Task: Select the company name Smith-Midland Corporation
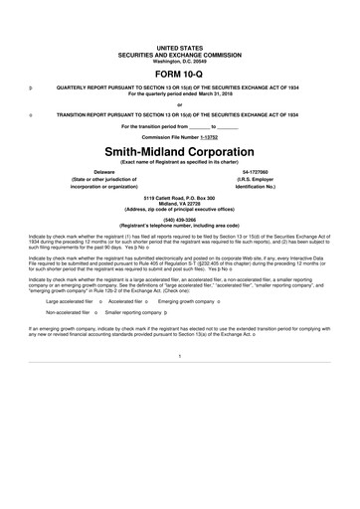(180, 150)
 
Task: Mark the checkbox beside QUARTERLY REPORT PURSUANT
(33, 87)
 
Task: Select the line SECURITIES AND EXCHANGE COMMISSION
(180, 53)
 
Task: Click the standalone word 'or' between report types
(180, 103)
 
